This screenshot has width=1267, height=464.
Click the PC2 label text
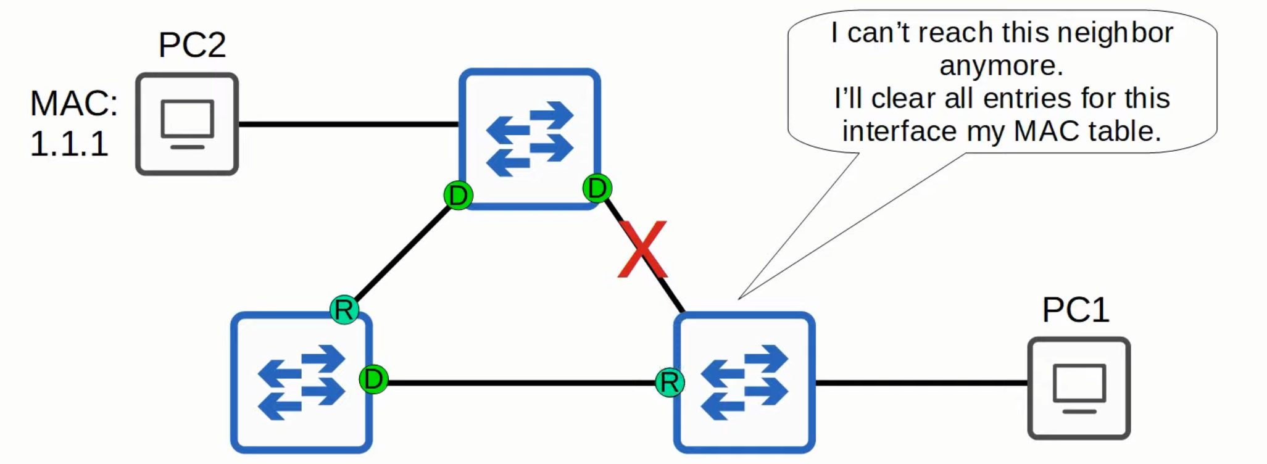[192, 45]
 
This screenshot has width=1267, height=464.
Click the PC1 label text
[1076, 310]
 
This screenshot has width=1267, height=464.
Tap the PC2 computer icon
[187, 124]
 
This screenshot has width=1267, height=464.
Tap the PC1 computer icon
[1079, 388]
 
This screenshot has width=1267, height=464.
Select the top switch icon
[530, 139]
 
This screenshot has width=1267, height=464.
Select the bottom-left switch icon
[301, 383]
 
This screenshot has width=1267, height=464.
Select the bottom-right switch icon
[744, 383]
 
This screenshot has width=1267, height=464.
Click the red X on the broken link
[643, 249]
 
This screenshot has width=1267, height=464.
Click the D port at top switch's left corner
[458, 196]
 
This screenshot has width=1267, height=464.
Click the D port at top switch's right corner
[597, 188]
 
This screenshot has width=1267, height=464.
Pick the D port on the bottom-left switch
[373, 379]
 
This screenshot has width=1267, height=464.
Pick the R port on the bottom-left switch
[344, 310]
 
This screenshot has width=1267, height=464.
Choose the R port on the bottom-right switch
[670, 383]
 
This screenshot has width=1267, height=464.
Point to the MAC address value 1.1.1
[69, 144]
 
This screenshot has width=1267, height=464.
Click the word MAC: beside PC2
[73, 103]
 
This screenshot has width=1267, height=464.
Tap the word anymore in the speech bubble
[1001, 65]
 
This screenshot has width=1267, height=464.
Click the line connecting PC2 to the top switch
[349, 124]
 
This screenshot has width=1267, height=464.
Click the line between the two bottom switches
[521, 383]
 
